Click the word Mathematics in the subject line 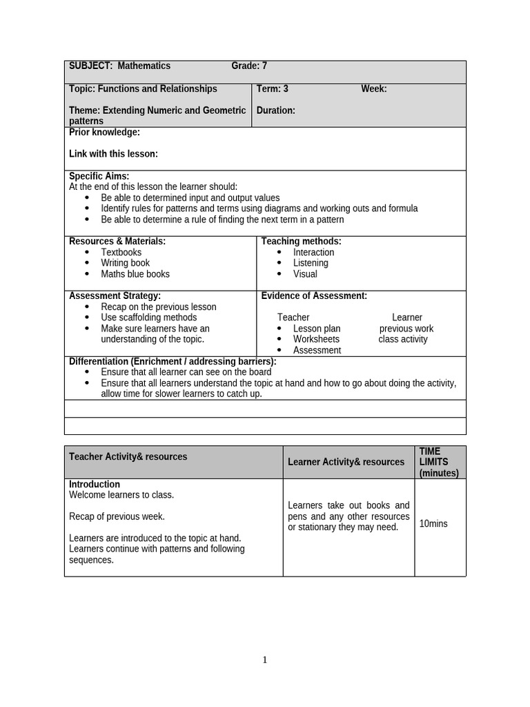click(144, 66)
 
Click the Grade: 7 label click(248, 66)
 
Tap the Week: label click(373, 89)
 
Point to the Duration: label click(275, 110)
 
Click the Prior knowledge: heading click(104, 132)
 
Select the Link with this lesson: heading click(113, 154)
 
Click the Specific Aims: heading click(99, 176)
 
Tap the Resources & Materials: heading click(117, 241)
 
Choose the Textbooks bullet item click(121, 252)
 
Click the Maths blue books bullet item click(135, 274)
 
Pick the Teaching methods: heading click(301, 241)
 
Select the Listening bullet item click(311, 263)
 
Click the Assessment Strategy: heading click(115, 296)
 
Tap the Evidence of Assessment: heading click(314, 296)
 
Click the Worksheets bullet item click(316, 339)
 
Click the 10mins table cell click(433, 524)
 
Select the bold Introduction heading click(95, 484)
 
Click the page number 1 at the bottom click(264, 660)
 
